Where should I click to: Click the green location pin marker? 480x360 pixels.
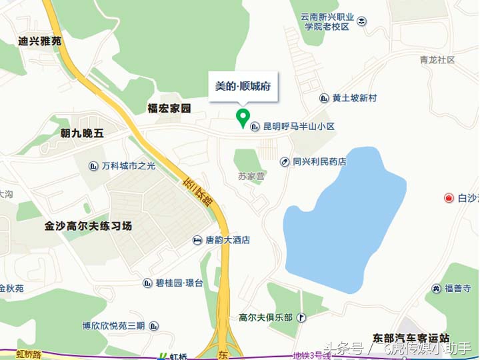point(243,118)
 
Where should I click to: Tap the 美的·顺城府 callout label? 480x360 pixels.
point(243,87)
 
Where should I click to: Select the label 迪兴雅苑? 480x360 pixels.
point(40,41)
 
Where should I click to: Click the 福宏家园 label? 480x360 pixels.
point(169,108)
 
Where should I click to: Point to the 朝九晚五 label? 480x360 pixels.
point(82,133)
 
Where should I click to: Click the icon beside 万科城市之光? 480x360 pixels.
point(95,166)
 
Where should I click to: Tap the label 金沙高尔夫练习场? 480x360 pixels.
point(89,226)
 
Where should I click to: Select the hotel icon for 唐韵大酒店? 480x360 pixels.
point(198,240)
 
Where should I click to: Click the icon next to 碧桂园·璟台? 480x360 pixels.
point(148,283)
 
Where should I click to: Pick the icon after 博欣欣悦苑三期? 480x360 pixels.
point(154,326)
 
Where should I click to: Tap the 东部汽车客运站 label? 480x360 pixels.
point(411,338)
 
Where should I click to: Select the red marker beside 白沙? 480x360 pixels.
point(449,198)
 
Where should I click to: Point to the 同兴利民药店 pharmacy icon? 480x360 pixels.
point(285,161)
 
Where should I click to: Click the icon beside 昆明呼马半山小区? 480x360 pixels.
point(255,126)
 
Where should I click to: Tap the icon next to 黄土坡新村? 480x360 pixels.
point(324,98)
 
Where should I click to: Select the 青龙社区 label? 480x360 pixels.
point(437,60)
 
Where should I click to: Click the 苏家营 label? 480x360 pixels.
point(251,177)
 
